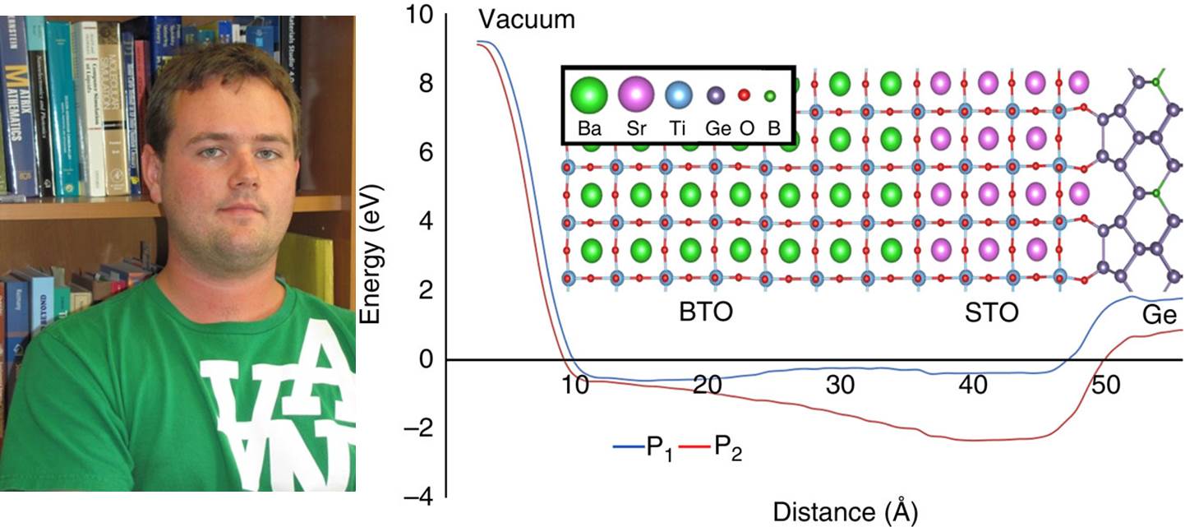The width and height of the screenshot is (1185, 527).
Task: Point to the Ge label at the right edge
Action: pos(1159,317)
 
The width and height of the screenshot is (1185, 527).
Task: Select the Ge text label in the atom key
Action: pos(716,129)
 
